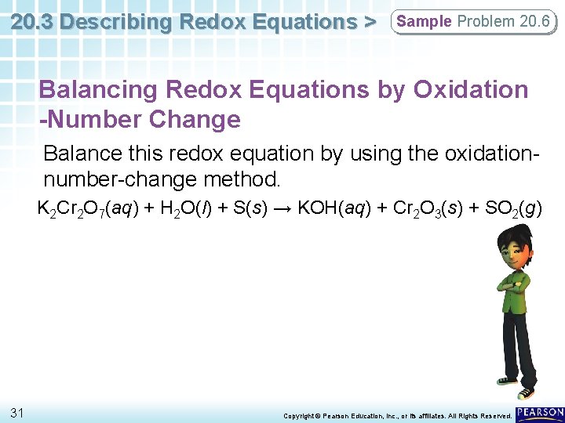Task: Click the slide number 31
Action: point(17,412)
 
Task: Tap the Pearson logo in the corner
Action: point(541,412)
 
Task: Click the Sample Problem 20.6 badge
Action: point(473,22)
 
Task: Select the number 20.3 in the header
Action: point(33,22)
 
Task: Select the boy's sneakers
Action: point(523,392)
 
